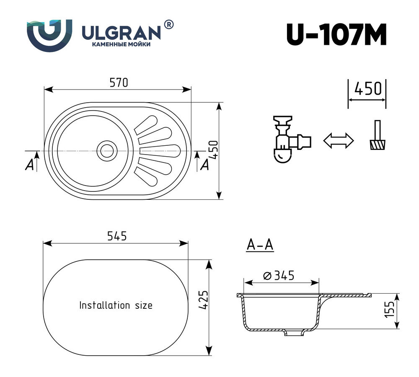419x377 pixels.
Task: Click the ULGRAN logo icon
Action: click(49, 35)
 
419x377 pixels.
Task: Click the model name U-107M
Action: click(336, 34)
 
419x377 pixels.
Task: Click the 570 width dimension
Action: click(118, 83)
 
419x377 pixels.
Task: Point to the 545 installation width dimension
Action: click(116, 237)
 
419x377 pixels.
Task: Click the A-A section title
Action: click(260, 245)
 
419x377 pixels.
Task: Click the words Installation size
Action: click(116, 305)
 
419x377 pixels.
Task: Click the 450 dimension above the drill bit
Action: click(367, 89)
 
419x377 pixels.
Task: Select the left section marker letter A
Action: click(30, 165)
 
